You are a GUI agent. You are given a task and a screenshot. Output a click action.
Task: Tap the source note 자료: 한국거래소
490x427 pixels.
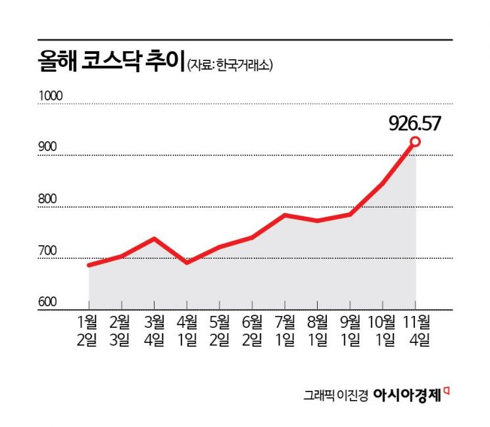pos(230,65)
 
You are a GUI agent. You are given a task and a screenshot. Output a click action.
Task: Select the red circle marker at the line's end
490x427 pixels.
pos(416,141)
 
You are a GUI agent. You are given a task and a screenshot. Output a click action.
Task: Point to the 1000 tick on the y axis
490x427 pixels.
pos(50,96)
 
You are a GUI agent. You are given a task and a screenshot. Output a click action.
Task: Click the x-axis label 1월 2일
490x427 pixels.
pos(88,331)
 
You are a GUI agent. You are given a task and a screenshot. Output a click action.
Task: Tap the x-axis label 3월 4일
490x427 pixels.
pos(154,331)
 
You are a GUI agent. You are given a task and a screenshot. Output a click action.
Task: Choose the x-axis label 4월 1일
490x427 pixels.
pos(187,331)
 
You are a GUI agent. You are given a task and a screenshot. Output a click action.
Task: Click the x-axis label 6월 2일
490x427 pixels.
pos(252,331)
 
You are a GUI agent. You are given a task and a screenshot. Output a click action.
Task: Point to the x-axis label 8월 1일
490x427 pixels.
pos(318,331)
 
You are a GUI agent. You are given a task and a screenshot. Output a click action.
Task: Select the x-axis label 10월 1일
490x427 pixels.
pos(382,331)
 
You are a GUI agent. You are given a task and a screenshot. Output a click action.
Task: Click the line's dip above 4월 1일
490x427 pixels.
pos(187,261)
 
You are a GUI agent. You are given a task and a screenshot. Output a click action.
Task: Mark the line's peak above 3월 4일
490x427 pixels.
pos(154,238)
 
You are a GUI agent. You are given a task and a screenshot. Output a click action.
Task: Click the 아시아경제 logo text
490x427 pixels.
pos(408,395)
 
